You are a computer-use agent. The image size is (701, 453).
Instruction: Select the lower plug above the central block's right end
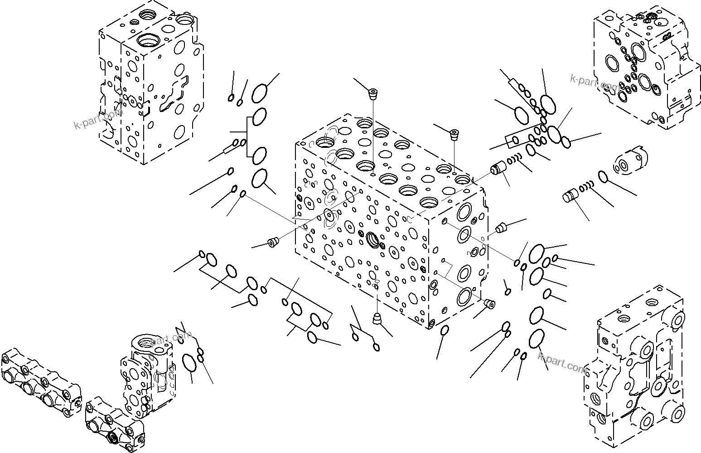[x=454, y=134]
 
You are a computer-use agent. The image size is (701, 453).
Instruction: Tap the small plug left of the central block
[x=272, y=243]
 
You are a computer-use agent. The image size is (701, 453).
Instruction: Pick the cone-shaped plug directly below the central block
[x=377, y=319]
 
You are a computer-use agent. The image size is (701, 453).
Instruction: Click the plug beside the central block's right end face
[x=501, y=228]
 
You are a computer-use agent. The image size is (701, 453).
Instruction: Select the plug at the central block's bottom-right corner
[x=489, y=303]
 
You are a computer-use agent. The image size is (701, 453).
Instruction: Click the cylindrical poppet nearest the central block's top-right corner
[x=498, y=170]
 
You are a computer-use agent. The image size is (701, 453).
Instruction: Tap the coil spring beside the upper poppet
[x=514, y=160]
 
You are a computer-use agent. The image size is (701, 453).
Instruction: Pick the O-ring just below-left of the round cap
[x=603, y=176]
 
